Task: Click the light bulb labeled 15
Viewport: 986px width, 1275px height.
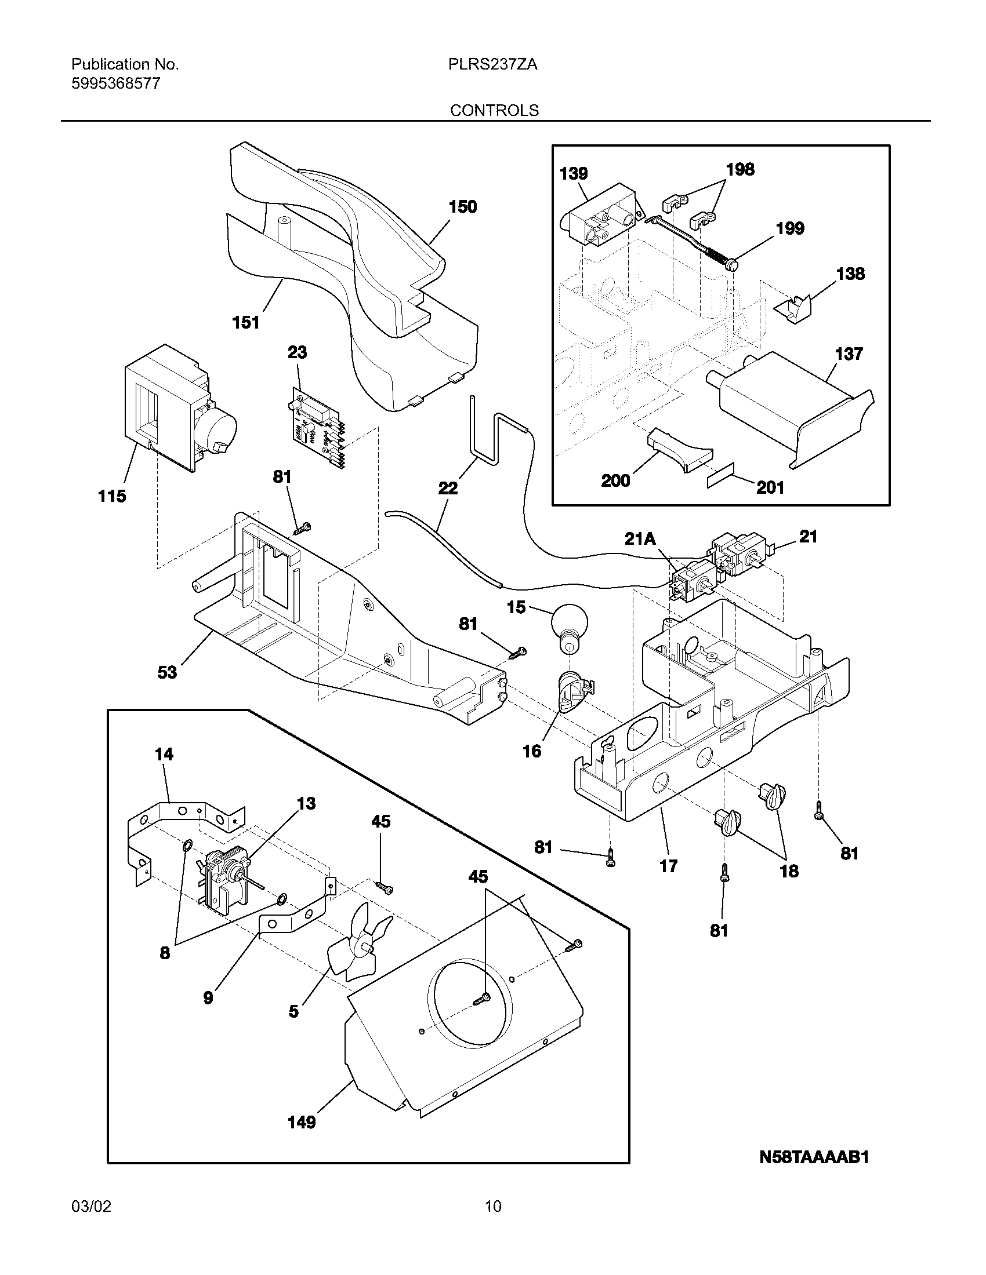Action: coord(566,631)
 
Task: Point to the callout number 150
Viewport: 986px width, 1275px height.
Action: coord(463,207)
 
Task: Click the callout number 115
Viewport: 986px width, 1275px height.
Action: coord(112,497)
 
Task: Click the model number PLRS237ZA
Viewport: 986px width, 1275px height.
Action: coord(492,64)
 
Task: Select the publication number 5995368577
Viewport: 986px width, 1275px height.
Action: coord(115,83)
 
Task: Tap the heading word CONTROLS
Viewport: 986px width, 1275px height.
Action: coord(494,110)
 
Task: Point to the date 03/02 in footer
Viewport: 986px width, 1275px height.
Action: coord(91,1206)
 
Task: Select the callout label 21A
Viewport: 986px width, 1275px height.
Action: coord(640,539)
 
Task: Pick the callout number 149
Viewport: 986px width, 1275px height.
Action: coord(302,1122)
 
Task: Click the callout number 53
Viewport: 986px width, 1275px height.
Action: coord(167,672)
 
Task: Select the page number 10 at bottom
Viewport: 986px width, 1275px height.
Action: coord(493,1206)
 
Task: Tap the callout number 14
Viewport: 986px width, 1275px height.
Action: coord(164,754)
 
